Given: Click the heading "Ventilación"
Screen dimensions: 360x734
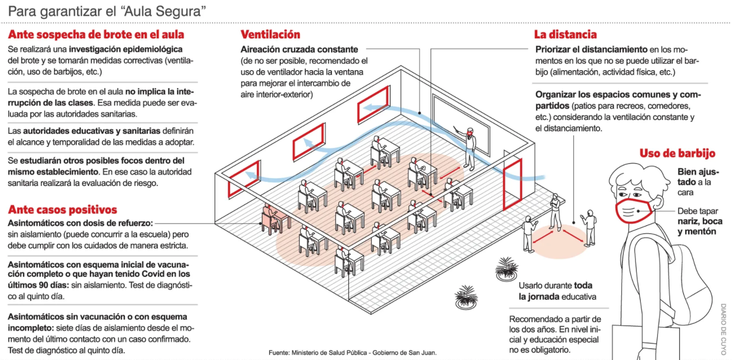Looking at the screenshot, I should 270,35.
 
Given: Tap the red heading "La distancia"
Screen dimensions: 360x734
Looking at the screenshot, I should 565,35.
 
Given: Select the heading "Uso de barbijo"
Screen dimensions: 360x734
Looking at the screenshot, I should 677,153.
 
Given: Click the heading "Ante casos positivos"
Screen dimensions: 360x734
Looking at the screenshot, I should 62,210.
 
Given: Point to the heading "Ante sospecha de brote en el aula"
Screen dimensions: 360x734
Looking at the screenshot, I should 96,35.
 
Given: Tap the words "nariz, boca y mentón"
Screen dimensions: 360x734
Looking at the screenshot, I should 699,226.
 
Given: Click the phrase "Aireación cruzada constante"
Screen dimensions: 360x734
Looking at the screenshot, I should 299,50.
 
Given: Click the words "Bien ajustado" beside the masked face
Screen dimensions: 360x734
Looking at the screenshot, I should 695,177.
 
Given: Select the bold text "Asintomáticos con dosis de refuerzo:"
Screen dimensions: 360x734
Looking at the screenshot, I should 81,223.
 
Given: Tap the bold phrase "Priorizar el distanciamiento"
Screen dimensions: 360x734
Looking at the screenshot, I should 591,50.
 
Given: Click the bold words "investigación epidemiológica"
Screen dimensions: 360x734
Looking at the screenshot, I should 126,50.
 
